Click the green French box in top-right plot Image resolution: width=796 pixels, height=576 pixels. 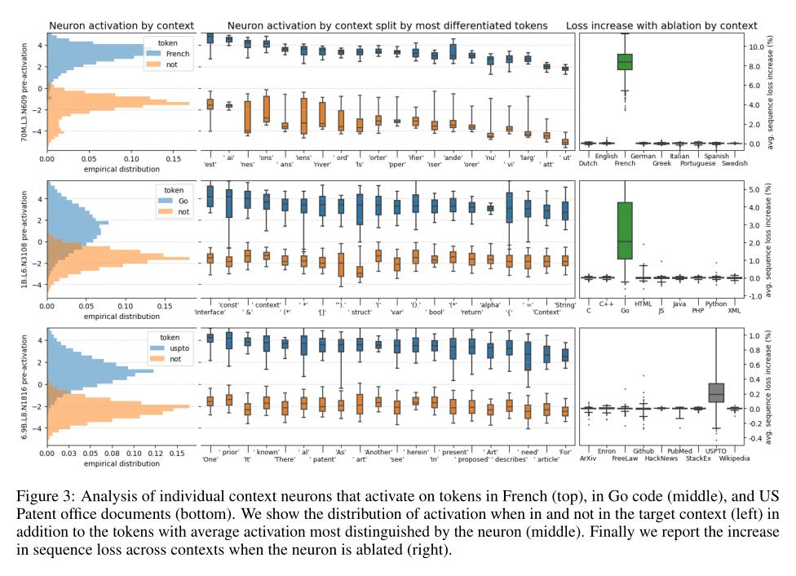pos(626,62)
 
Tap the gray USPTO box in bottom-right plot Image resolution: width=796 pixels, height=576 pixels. pos(717,392)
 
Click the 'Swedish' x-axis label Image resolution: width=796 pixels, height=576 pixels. pos(734,163)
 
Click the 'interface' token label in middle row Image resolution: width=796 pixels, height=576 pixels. pos(210,312)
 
